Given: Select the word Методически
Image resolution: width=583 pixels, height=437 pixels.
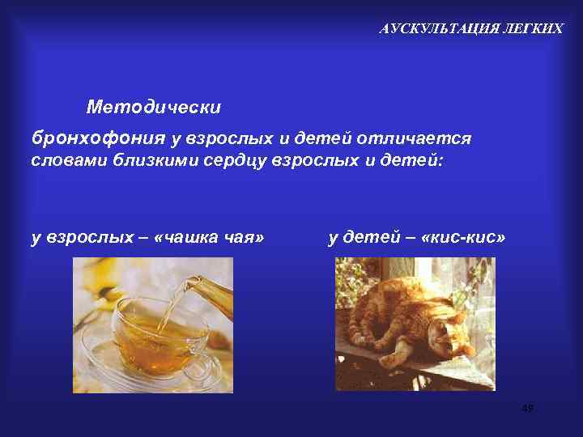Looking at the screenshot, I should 153,107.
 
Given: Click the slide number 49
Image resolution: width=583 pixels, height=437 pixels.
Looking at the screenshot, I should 528,409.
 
